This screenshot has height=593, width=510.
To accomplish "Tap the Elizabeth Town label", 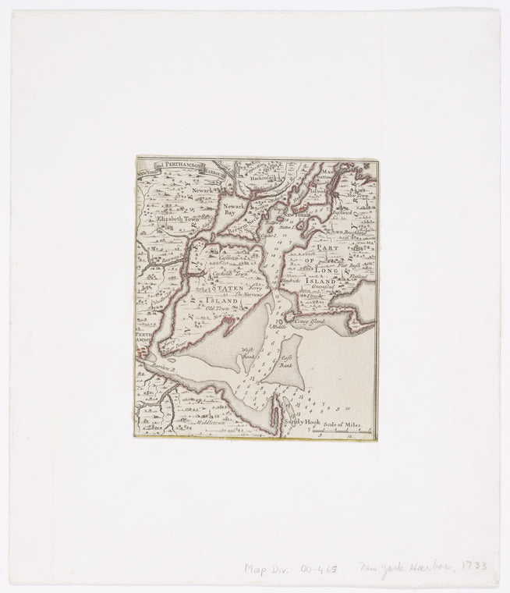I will click(x=178, y=221).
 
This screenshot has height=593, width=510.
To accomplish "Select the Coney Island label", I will click(x=309, y=320).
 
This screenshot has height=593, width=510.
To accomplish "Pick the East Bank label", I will click(x=285, y=361).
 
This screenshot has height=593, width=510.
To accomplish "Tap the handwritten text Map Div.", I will click(x=263, y=570).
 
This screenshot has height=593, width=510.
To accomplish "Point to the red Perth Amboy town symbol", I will click(x=140, y=353).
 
